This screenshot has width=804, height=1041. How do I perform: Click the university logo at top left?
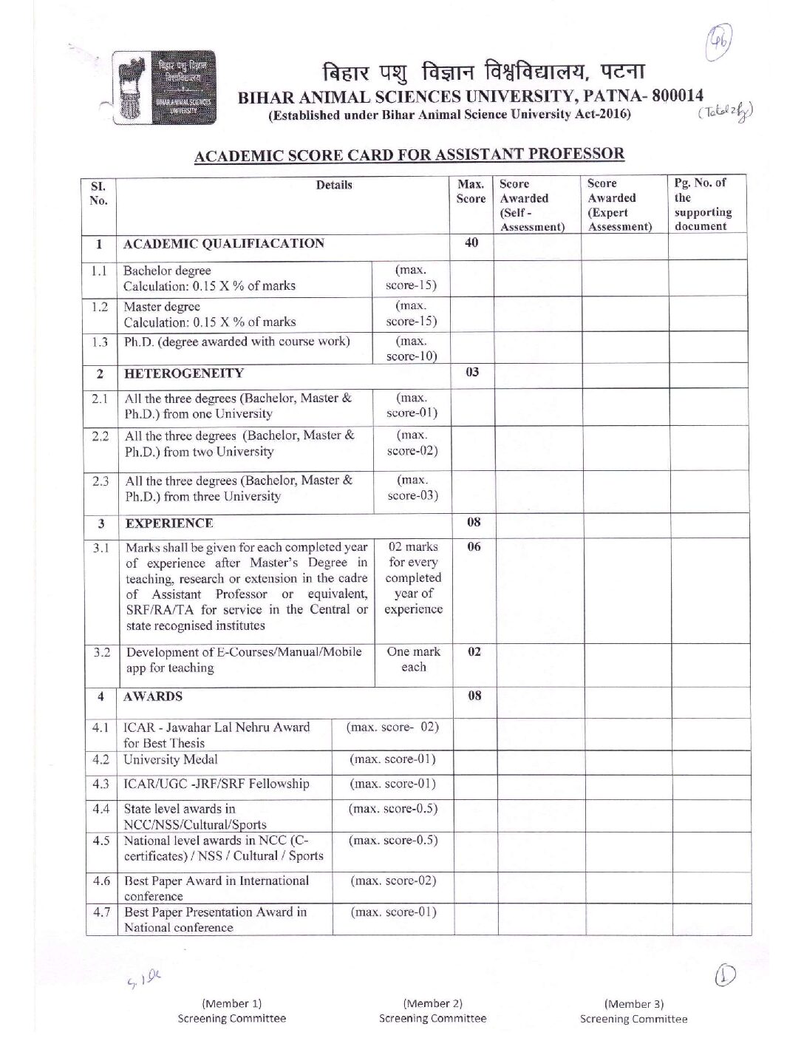(x=164, y=87)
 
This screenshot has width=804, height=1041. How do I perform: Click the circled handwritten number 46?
(x=719, y=43)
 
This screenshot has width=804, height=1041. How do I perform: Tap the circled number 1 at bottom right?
(x=725, y=976)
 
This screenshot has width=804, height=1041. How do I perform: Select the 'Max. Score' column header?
(x=471, y=191)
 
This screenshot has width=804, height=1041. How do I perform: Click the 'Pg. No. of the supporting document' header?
(x=703, y=205)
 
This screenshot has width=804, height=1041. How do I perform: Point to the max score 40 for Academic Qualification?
(x=471, y=243)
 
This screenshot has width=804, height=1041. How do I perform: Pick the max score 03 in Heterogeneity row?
(x=473, y=372)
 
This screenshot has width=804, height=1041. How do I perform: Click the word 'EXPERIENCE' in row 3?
(x=169, y=523)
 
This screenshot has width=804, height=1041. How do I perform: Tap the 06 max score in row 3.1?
(x=474, y=547)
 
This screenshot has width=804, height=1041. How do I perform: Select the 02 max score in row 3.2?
(x=474, y=652)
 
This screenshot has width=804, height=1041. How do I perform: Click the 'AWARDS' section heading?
(x=153, y=696)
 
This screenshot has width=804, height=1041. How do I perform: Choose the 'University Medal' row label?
(x=171, y=759)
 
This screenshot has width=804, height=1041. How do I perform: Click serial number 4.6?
(x=101, y=881)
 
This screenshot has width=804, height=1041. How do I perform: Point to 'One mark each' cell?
(x=413, y=659)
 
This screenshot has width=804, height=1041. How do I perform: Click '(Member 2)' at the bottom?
(x=432, y=1003)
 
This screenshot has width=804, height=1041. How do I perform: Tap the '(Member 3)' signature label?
(x=633, y=1004)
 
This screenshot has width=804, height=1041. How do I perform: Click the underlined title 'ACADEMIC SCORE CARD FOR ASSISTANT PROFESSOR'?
(x=409, y=155)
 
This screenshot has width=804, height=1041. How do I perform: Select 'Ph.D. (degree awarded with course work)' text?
(x=236, y=342)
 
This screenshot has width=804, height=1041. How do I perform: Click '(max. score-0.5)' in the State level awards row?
(x=393, y=809)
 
